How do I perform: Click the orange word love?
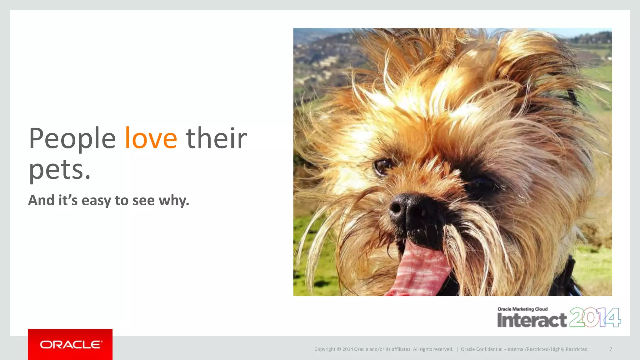(x=151, y=138)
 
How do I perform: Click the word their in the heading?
(x=216, y=138)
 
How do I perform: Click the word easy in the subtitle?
(x=96, y=201)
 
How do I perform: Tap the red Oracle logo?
(x=70, y=344)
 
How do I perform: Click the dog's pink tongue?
(x=419, y=272)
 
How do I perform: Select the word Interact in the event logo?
(x=532, y=320)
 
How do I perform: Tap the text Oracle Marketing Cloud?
(x=522, y=309)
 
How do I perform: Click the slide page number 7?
(x=610, y=349)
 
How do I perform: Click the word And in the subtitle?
(x=41, y=201)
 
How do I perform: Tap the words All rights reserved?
(x=433, y=349)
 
